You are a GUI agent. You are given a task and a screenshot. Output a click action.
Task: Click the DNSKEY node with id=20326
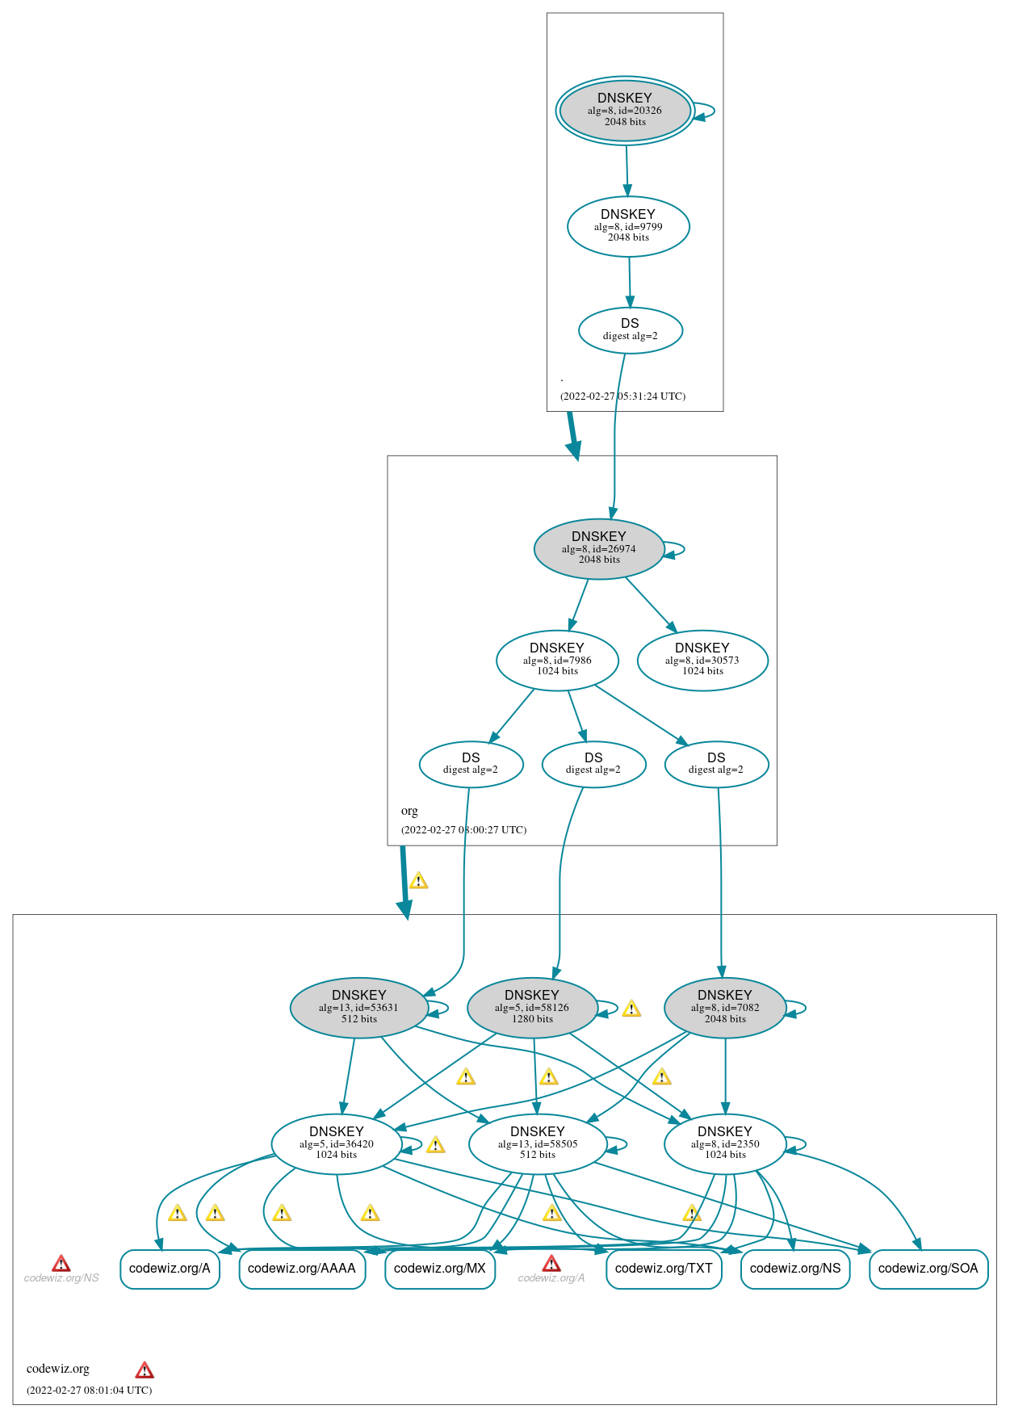(x=625, y=111)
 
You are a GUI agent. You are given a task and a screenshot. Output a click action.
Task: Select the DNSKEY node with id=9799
(x=628, y=226)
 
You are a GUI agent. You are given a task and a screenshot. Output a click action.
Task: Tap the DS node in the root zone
(x=631, y=330)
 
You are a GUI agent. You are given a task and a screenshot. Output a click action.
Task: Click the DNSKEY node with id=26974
(x=599, y=548)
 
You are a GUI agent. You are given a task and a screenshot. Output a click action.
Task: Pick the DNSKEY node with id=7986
(x=557, y=661)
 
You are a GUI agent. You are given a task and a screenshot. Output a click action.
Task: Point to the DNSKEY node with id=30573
(x=702, y=661)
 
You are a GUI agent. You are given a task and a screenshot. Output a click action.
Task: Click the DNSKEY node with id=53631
(x=358, y=1008)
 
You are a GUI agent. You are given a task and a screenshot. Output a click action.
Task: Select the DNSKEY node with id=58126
(x=532, y=1008)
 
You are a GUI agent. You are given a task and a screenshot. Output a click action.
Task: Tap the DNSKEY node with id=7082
(x=725, y=1008)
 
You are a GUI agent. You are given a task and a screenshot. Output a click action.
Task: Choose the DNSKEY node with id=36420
(x=337, y=1143)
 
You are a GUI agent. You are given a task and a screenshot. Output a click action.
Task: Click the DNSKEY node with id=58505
(x=538, y=1143)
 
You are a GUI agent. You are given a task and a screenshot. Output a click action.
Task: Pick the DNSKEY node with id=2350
(x=725, y=1143)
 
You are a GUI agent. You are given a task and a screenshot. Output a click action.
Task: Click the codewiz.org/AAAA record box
(x=302, y=1269)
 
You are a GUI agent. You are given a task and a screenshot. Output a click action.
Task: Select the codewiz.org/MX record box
(x=440, y=1269)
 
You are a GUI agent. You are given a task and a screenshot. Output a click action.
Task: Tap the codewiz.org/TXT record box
(x=664, y=1269)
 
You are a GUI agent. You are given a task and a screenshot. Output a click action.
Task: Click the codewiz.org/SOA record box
(x=928, y=1269)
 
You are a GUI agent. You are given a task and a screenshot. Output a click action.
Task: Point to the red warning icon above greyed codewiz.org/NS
(x=61, y=1264)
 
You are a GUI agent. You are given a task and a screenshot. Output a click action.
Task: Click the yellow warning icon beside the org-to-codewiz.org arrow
(x=418, y=881)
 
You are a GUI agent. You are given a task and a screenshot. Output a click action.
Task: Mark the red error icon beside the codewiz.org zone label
(x=145, y=1370)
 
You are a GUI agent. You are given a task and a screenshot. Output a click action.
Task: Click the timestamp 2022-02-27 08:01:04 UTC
(x=90, y=1390)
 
